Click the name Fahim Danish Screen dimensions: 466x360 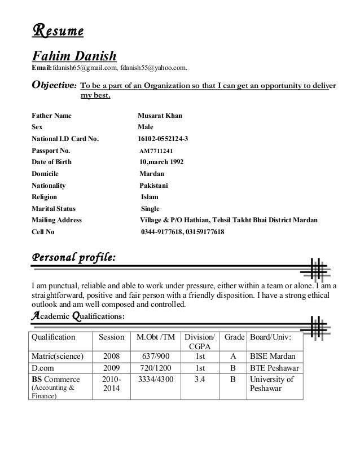(x=73, y=57)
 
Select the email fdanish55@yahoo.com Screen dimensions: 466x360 (x=157, y=68)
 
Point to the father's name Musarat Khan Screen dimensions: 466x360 (x=160, y=116)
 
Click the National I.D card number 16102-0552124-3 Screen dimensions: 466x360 (x=163, y=139)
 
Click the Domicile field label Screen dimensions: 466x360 (x=45, y=174)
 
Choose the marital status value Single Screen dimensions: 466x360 (x=151, y=208)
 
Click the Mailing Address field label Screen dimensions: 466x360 (x=56, y=220)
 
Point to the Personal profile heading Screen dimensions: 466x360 (x=73, y=258)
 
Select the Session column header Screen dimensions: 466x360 (x=111, y=337)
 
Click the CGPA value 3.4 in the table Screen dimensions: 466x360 (x=200, y=380)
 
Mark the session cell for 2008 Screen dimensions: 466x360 (x=111, y=357)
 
